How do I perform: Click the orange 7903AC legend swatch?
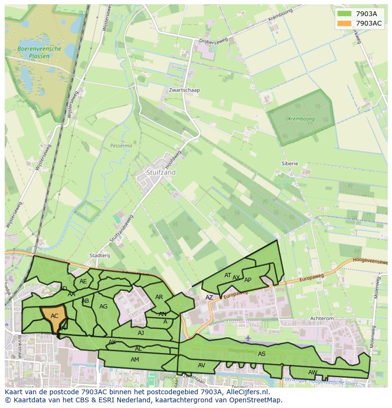[x=344, y=23]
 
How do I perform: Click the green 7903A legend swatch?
[x=344, y=14]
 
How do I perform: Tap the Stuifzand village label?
[x=161, y=172]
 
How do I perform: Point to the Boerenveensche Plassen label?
[x=39, y=52]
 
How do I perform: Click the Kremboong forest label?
[x=302, y=119]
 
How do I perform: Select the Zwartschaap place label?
[x=185, y=90]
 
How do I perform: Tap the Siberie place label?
[x=290, y=163]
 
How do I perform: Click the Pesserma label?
[x=121, y=146]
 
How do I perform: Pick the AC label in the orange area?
[x=54, y=316]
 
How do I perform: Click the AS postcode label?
[x=262, y=354]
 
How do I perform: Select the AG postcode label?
[x=104, y=307]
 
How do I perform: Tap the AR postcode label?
[x=159, y=297]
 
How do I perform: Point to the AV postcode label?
[x=202, y=365]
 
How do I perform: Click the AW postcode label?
[x=312, y=372]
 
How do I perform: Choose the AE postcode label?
[x=83, y=281]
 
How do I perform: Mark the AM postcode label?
[x=135, y=360]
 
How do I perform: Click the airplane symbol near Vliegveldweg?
[x=249, y=338]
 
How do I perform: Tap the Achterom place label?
[x=322, y=319]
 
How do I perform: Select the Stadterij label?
[x=99, y=255]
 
